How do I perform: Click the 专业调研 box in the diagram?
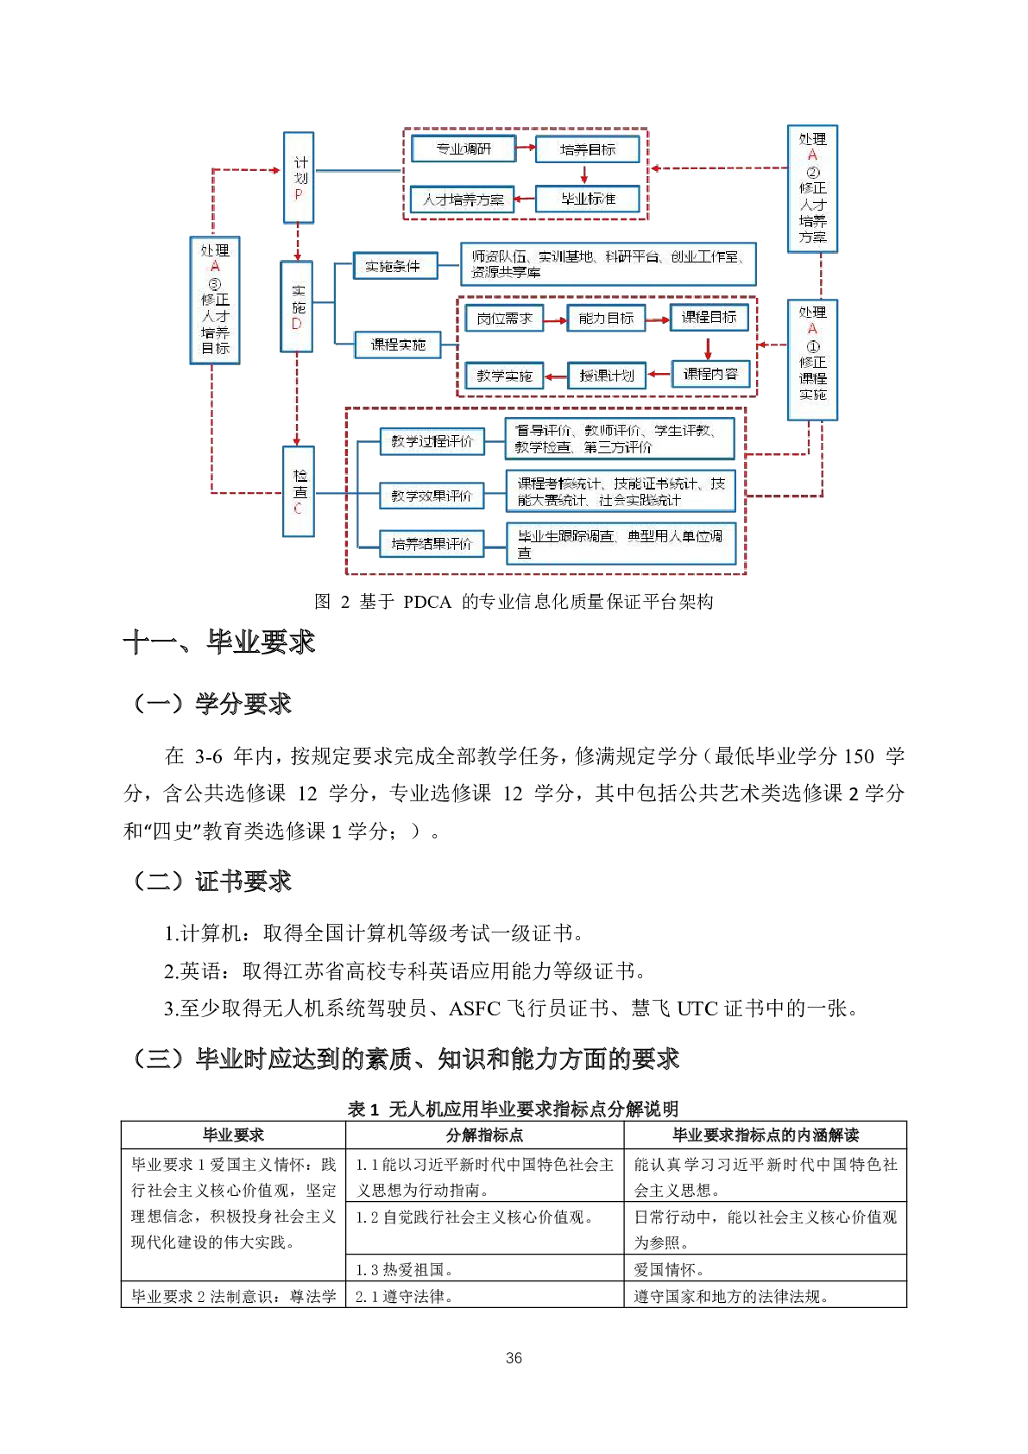(x=464, y=149)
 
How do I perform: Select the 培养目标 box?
(x=588, y=149)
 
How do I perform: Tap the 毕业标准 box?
(x=588, y=199)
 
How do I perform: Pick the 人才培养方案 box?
(x=463, y=199)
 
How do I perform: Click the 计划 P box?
(x=299, y=178)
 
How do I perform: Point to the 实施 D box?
(x=297, y=307)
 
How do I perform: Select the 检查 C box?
(x=299, y=491)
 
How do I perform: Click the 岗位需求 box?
(x=505, y=319)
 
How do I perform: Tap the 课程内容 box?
(x=710, y=374)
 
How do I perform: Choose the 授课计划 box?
(x=607, y=376)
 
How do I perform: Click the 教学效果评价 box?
(x=432, y=496)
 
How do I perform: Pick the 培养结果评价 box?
(x=432, y=544)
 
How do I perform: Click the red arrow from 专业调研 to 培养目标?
(x=526, y=148)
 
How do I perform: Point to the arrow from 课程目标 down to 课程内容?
(x=709, y=347)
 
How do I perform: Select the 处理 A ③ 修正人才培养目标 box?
(x=215, y=300)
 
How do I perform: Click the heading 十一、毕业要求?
(x=219, y=642)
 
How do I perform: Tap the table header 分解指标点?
(x=484, y=1135)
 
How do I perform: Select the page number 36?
(x=514, y=1358)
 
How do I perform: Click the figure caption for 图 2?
(x=514, y=602)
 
